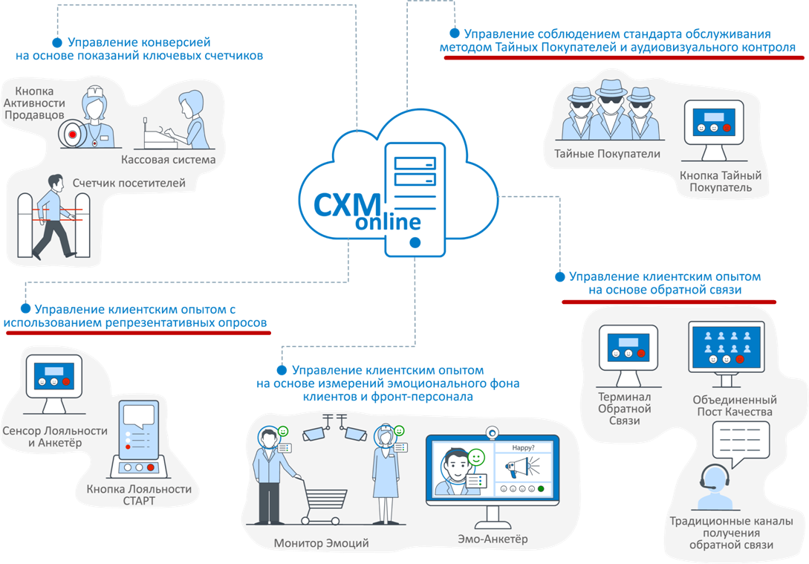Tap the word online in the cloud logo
[x=387, y=222]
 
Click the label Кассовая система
[x=168, y=159]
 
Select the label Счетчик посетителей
[x=129, y=183]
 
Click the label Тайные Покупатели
[x=607, y=155]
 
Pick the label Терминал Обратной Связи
[x=625, y=409]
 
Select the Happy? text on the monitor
[x=522, y=447]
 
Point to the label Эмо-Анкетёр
[x=493, y=539]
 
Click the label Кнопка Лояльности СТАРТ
[x=139, y=495]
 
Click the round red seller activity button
[x=72, y=134]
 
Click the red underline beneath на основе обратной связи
[x=669, y=302]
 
